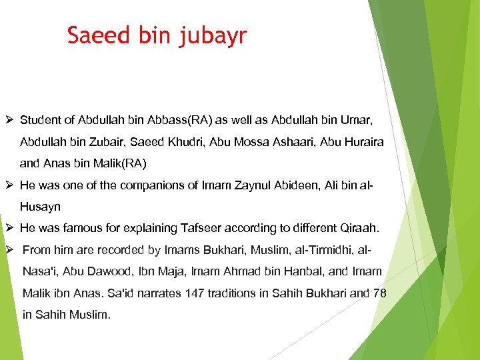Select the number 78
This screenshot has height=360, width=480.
379,293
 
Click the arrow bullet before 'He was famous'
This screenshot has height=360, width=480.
8,228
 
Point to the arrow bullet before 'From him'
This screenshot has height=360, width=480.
8,250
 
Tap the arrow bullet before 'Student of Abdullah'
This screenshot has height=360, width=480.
8,121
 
